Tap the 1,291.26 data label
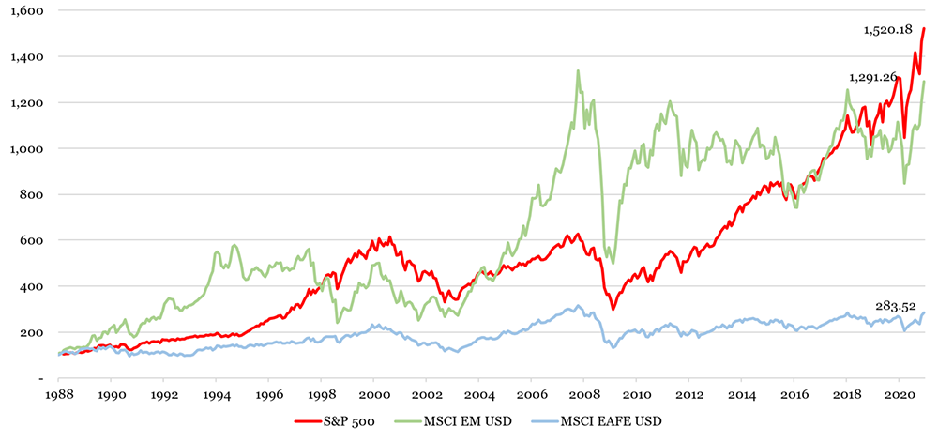(872, 78)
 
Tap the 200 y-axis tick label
(36, 332)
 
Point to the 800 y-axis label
(36, 194)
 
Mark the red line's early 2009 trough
(613, 309)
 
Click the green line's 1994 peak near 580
(234, 245)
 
